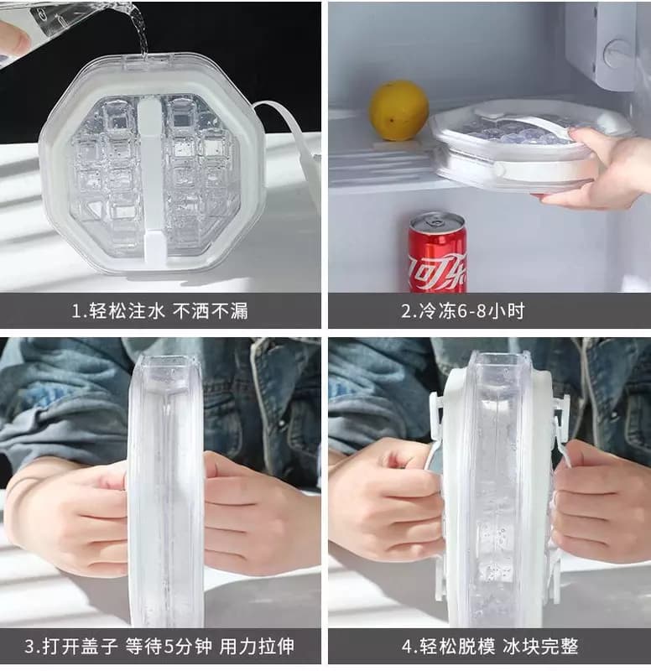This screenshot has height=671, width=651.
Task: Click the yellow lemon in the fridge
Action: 398,111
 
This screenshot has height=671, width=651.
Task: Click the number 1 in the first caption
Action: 77,311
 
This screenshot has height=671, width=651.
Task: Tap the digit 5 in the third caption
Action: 170,646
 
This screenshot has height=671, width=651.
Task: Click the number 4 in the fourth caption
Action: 407,646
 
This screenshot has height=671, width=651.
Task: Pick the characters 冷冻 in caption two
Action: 436,311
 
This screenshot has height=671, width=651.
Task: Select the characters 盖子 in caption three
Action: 100,646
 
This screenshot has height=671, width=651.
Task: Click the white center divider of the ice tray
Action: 150,179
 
